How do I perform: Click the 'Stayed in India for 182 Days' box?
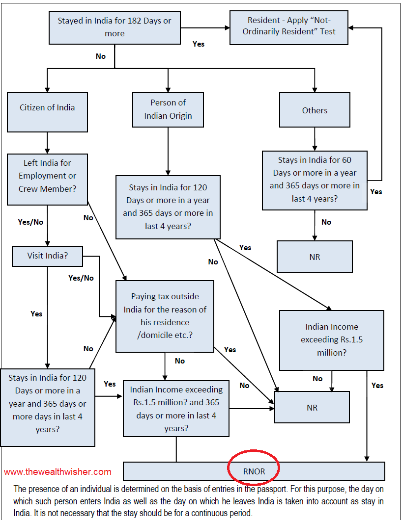115,27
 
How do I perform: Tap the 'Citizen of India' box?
47,107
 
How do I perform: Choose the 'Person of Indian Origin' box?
168,109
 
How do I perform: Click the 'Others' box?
315,110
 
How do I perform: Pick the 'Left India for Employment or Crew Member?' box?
47,176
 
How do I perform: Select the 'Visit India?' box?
47,256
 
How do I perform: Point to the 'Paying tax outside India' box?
165,316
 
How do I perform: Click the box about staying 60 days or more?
315,180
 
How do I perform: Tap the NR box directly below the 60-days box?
315,257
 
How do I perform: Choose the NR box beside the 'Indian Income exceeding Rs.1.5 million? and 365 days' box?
312,407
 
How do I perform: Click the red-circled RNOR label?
254,471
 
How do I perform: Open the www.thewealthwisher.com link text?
57,472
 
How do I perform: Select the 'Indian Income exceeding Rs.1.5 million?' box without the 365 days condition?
331,339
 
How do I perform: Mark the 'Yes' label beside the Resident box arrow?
199,44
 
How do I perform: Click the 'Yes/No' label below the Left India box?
30,222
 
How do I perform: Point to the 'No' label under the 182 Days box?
101,56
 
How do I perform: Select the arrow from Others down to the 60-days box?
315,139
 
